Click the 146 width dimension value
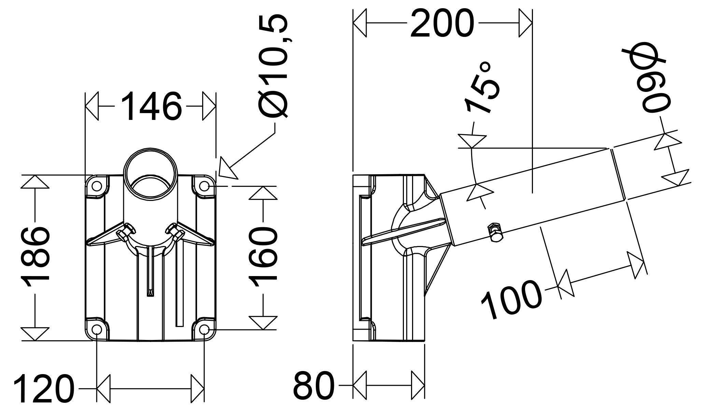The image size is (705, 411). tap(151, 106)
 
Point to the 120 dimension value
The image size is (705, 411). tap(43, 389)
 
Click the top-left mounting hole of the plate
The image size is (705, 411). tap(97, 186)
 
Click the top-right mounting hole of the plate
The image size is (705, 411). tap(204, 186)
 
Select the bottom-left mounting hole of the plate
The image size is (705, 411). tap(97, 329)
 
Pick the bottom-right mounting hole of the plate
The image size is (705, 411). tap(204, 329)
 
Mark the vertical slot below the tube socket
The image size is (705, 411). tap(151, 272)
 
